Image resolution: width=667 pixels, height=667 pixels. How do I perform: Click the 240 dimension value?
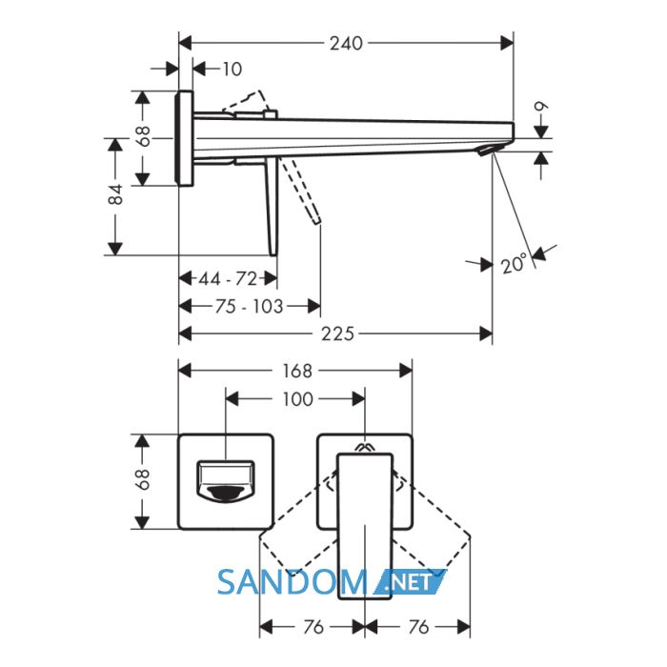pos(346,44)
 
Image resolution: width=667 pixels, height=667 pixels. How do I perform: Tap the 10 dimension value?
pos(232,69)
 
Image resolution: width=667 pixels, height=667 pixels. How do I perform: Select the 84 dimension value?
pos(115,194)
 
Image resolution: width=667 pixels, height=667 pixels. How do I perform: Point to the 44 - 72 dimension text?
pos(228,279)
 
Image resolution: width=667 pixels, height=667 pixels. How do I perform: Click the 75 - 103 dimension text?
pos(249,306)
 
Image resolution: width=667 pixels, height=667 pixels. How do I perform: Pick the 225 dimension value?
pos(337,333)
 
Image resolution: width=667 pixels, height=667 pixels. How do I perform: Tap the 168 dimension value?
pos(297,371)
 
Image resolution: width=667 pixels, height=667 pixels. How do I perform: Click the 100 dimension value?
pos(297,399)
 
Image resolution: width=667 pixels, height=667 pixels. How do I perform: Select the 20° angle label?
pos(514,264)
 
